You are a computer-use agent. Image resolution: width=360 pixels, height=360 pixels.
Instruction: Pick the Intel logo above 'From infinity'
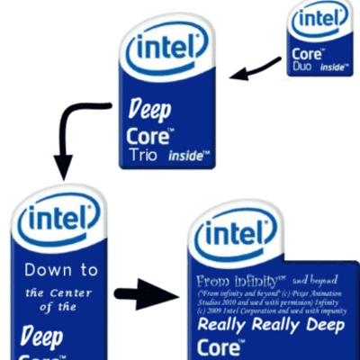[x=237, y=235]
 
